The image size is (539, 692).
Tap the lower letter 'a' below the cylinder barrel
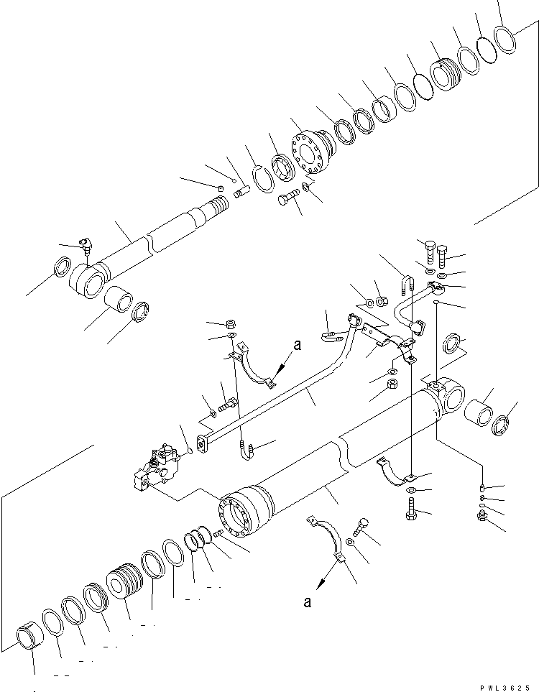[307, 602]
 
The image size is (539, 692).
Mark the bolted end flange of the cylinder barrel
[243, 511]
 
